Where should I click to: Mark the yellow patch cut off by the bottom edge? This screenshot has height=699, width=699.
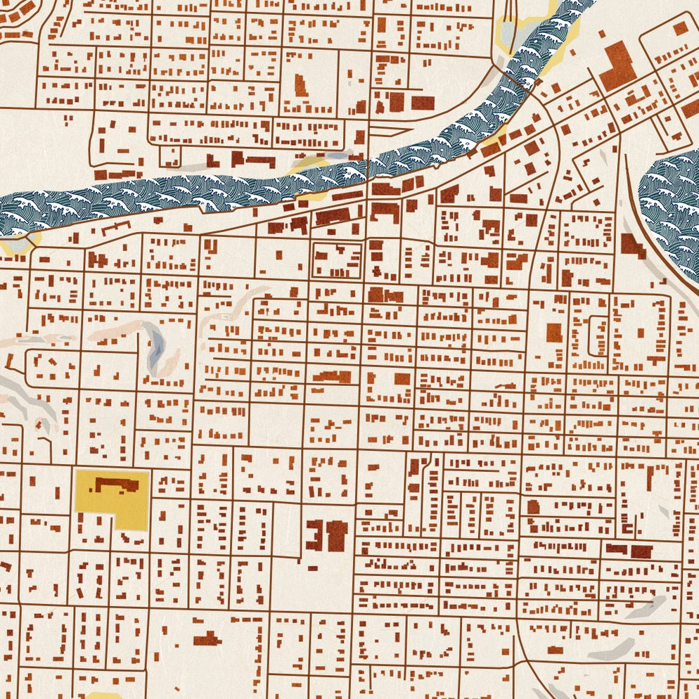pos(104,695)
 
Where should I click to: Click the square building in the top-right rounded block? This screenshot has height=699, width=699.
pos(680,27)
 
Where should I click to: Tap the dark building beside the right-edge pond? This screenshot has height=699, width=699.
pos(632,245)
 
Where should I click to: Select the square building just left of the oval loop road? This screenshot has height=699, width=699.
pos(554,332)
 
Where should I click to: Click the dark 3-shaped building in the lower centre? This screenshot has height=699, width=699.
pos(314,535)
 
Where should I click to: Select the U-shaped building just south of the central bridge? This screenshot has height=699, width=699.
pos(383,212)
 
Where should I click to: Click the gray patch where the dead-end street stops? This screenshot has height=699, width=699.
pos(655,603)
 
